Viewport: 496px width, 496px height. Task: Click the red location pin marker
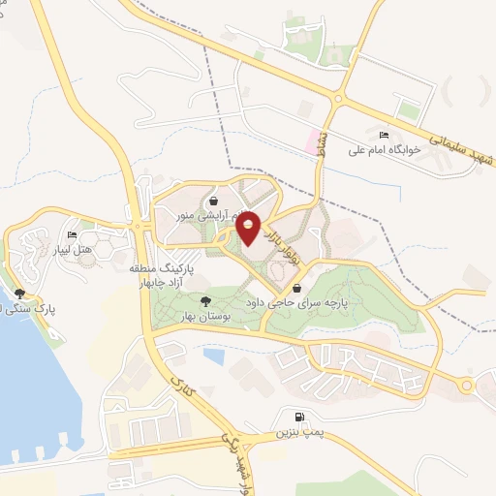tap(248, 227)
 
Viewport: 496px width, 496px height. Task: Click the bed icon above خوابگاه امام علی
tap(386, 134)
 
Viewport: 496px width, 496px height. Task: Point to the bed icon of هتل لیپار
tap(72, 235)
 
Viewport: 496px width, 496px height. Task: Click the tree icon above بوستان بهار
tap(204, 301)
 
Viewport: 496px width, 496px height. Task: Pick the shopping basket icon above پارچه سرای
tap(296, 288)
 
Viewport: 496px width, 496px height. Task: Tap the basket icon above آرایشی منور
tap(211, 201)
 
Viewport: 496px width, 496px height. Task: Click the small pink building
tap(313, 141)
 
